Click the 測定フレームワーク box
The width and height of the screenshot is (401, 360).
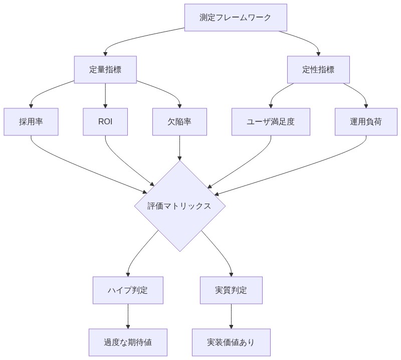pyautogui.click(x=236, y=18)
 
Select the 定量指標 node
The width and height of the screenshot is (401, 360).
pyautogui.click(x=105, y=70)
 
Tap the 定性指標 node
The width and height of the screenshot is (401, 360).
pyautogui.click(x=318, y=70)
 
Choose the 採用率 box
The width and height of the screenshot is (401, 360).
pyautogui.click(x=31, y=121)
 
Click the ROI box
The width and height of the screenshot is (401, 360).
pyautogui.click(x=105, y=121)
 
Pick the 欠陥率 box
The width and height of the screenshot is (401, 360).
pyautogui.click(x=179, y=121)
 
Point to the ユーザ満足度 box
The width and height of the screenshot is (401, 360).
pyautogui.click(x=271, y=121)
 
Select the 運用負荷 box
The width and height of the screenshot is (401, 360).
pyautogui.click(x=366, y=121)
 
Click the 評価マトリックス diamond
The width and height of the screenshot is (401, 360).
pyautogui.click(x=179, y=206)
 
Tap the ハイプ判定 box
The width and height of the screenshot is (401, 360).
pyautogui.click(x=128, y=290)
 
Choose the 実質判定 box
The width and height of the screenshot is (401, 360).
pyautogui.click(x=231, y=290)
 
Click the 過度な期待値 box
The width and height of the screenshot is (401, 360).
pyautogui.click(x=128, y=342)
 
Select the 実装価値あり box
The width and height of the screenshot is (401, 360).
pyautogui.click(x=231, y=342)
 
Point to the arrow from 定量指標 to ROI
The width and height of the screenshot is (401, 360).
pyautogui.click(x=105, y=95)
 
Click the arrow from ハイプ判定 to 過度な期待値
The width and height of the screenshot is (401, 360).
pyautogui.click(x=128, y=316)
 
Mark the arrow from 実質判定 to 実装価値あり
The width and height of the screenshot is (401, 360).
pyautogui.click(x=231, y=316)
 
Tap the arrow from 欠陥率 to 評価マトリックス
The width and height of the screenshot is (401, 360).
pyautogui.click(x=179, y=147)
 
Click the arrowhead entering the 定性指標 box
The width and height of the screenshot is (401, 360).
pyautogui.click(x=318, y=54)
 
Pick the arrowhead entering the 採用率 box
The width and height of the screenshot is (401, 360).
pyautogui.click(x=31, y=106)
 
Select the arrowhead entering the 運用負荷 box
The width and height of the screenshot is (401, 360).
pyautogui.click(x=366, y=106)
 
